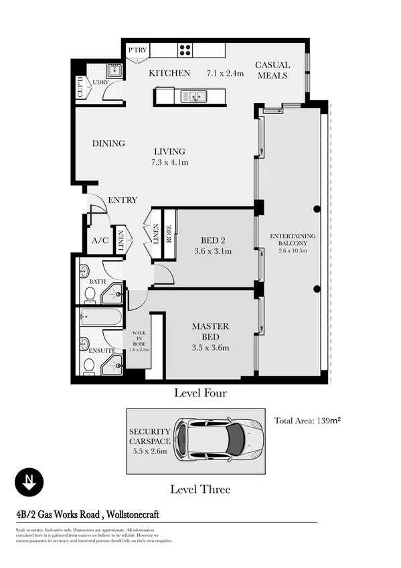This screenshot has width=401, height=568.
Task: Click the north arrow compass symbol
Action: click(x=29, y=481)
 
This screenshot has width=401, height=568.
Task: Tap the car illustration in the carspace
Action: click(x=218, y=440)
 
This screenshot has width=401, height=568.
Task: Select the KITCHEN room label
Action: click(x=169, y=73)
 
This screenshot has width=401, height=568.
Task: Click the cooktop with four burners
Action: click(x=185, y=50)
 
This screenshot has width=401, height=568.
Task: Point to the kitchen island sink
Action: click(x=195, y=96)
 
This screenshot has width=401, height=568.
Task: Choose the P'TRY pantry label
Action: click(x=137, y=50)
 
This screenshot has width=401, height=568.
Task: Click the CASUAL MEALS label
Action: click(x=272, y=70)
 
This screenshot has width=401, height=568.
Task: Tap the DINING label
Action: click(x=108, y=143)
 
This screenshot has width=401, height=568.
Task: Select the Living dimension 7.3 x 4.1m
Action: click(x=169, y=162)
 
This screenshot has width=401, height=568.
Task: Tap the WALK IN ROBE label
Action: click(x=139, y=336)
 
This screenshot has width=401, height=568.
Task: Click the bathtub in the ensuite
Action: click(x=100, y=317)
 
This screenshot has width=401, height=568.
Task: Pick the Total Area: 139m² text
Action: click(x=308, y=421)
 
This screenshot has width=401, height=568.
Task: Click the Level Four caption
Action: click(x=200, y=393)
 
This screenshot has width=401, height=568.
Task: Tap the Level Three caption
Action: click(x=199, y=489)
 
